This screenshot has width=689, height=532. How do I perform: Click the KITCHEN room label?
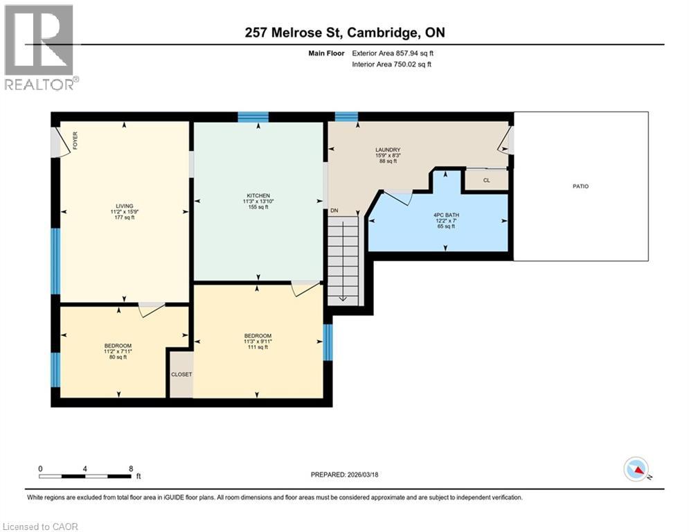(x=258, y=196)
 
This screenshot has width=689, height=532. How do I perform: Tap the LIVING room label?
(x=124, y=206)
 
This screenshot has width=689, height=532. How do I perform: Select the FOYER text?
(x=75, y=141)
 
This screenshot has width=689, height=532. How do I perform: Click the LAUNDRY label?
(x=388, y=150)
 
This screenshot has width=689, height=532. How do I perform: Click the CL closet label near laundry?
(x=486, y=180)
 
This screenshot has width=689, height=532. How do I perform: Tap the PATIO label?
(x=580, y=186)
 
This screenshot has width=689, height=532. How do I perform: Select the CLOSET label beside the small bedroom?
(x=181, y=374)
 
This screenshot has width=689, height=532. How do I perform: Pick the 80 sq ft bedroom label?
(x=118, y=346)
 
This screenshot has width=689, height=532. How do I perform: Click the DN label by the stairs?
(x=334, y=211)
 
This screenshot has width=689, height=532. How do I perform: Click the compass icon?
(x=635, y=469)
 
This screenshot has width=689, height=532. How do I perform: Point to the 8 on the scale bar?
(x=130, y=468)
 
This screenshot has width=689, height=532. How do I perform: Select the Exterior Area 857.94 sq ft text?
(x=393, y=53)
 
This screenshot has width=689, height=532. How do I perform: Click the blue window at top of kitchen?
(x=253, y=116)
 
